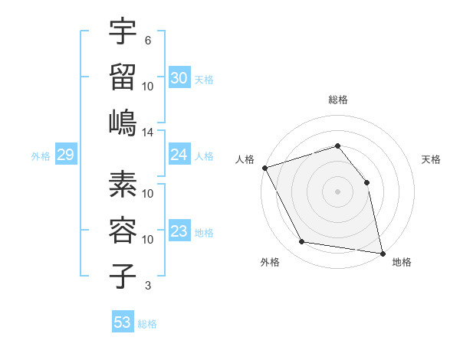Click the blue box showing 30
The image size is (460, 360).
[179, 77]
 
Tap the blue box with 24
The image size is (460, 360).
[179, 155]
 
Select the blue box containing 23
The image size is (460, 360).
[179, 232]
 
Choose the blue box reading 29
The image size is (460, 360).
[65, 155]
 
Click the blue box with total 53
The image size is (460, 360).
[123, 322]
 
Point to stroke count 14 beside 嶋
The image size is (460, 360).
[148, 133]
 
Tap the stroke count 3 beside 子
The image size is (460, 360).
[147, 286]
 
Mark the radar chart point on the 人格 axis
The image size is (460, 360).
[264, 168]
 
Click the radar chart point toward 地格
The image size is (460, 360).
[382, 253]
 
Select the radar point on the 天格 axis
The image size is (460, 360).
[366, 182]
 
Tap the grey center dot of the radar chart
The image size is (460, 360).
[337, 191]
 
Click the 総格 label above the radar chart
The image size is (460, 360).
[337, 100]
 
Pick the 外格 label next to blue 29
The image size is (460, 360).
[41, 156]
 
